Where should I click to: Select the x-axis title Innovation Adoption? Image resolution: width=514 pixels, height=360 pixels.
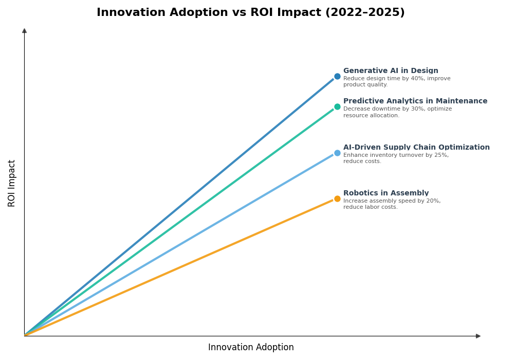coord(251,348)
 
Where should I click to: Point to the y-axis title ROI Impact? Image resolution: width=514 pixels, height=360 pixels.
coord(12,183)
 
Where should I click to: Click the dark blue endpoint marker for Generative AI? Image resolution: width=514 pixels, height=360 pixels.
coord(337,77)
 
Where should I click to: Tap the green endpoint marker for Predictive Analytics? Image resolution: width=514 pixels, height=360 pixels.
coord(337,107)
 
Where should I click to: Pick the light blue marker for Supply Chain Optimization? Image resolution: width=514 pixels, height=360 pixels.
coord(337,153)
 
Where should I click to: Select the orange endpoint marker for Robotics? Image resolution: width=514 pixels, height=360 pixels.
coord(337,199)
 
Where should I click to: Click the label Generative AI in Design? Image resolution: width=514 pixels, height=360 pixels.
coord(391,71)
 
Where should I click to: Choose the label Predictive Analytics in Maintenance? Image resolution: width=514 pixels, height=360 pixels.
coord(415,101)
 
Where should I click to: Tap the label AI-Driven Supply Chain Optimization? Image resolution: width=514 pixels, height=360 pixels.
coord(416,148)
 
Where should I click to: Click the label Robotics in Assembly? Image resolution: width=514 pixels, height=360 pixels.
coord(386,193)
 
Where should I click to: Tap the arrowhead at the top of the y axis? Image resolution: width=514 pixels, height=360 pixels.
coord(24,31)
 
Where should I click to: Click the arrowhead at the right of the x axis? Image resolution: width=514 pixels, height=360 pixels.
coord(478,336)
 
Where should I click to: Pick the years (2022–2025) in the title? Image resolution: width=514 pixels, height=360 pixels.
coord(365,13)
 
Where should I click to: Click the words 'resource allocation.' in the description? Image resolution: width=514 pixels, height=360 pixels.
coord(371,116)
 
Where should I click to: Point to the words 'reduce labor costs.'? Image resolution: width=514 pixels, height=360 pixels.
coord(371,207)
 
